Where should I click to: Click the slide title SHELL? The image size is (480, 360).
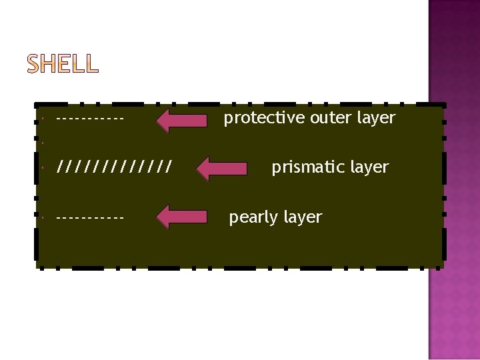(63, 64)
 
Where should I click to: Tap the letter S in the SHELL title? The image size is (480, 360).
(35, 64)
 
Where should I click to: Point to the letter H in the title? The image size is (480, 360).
(51, 64)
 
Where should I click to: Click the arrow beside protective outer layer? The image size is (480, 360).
(182, 120)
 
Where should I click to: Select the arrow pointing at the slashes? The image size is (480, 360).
(223, 168)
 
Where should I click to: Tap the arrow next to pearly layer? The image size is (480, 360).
(182, 217)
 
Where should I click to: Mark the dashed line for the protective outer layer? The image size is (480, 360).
(91, 120)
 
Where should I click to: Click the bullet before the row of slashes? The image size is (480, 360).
(41, 167)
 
